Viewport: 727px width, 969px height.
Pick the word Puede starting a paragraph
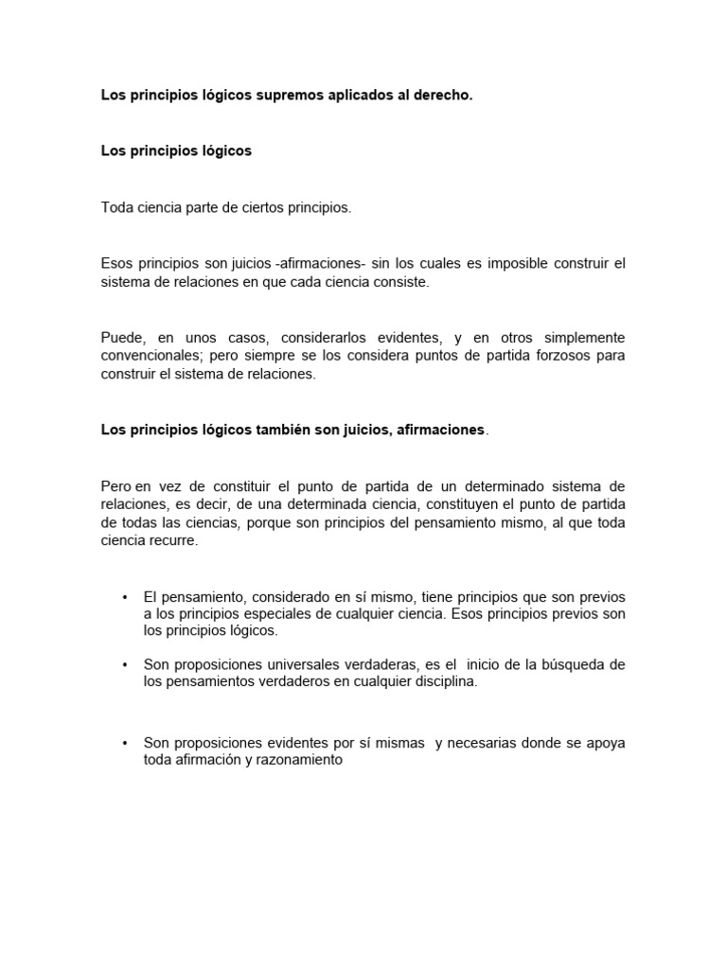click(x=121, y=338)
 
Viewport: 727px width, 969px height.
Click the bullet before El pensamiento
click(x=125, y=597)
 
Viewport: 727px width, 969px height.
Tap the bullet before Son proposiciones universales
click(x=125, y=665)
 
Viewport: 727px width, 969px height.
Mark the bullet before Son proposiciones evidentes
click(x=125, y=743)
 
